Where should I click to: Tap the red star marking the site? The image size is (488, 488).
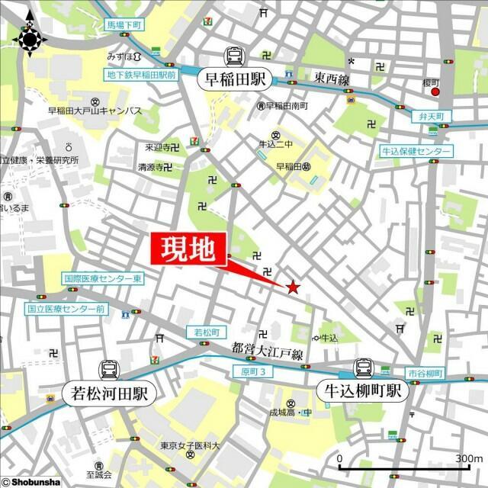coord(292,287)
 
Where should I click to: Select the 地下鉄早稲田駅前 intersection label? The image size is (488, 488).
coord(141,75)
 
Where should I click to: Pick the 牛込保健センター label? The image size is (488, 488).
coord(417,152)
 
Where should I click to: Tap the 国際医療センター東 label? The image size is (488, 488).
coord(103,280)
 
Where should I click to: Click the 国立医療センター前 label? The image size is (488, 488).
coord(66,310)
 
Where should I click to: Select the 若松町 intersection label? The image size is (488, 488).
coord(207,332)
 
